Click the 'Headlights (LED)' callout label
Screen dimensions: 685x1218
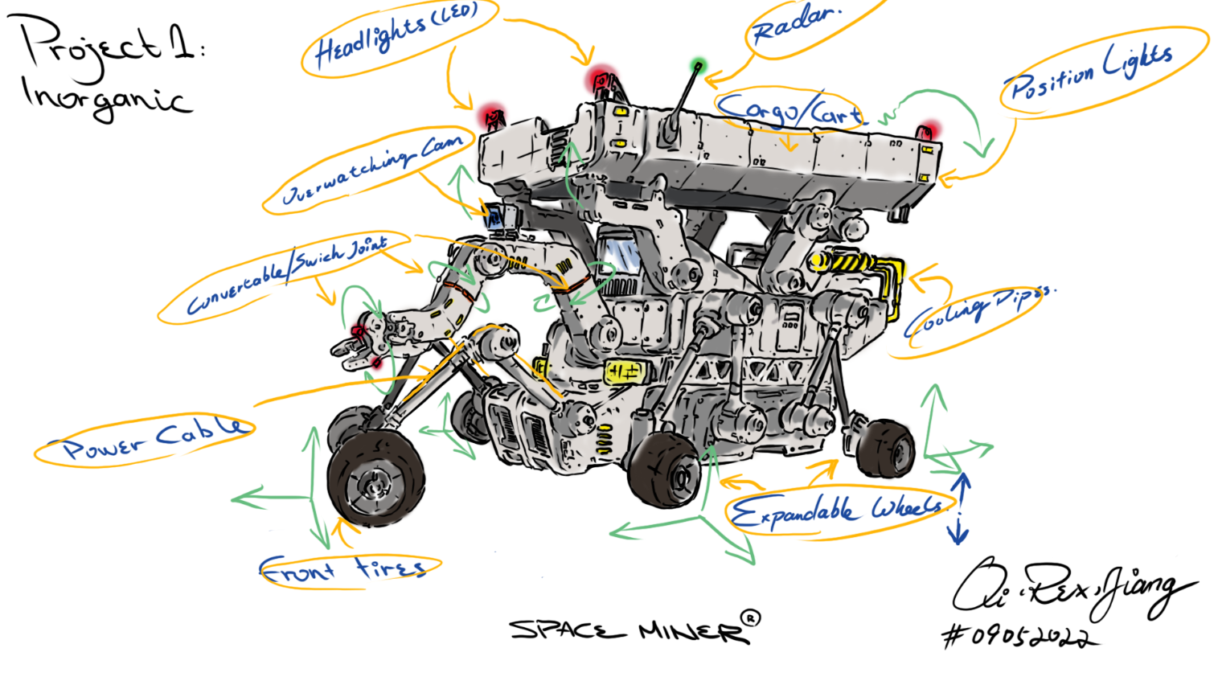pos(396,35)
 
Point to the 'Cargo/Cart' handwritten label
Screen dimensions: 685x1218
pos(789,110)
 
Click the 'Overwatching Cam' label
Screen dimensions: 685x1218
pos(372,170)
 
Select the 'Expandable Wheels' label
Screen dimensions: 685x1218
pos(836,511)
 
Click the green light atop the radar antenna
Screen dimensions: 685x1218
pos(698,64)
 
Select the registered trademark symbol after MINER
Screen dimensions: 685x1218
pos(749,618)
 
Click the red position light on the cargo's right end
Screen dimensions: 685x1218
pos(928,130)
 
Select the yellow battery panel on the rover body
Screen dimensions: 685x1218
pos(625,371)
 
